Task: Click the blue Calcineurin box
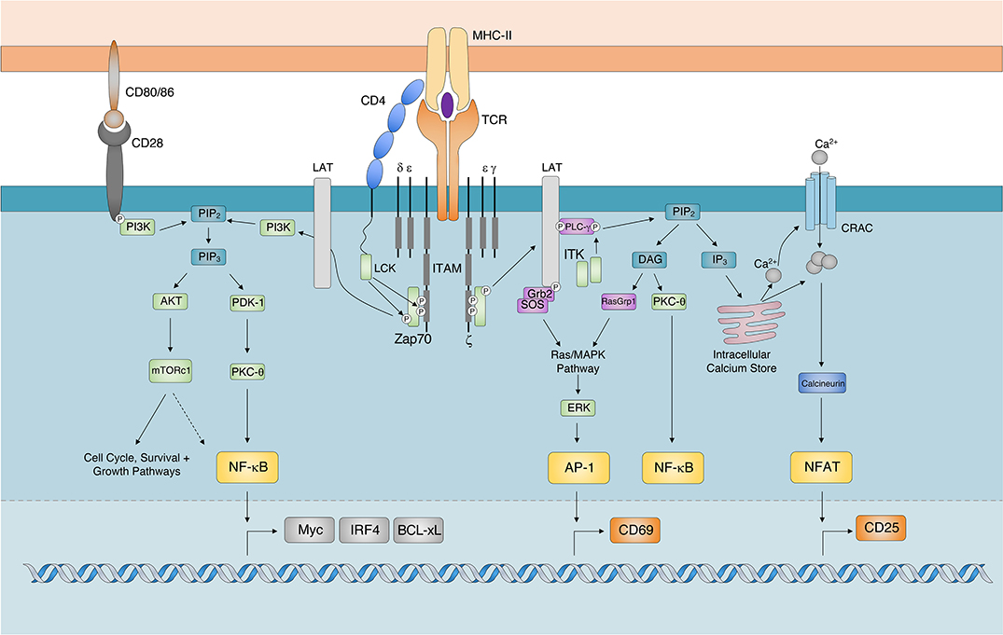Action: tap(822, 383)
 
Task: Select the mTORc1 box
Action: tap(171, 369)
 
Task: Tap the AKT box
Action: tap(171, 300)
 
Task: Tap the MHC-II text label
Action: tap(505, 36)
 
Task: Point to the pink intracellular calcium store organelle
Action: tap(741, 312)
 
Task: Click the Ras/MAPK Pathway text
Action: tap(577, 361)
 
